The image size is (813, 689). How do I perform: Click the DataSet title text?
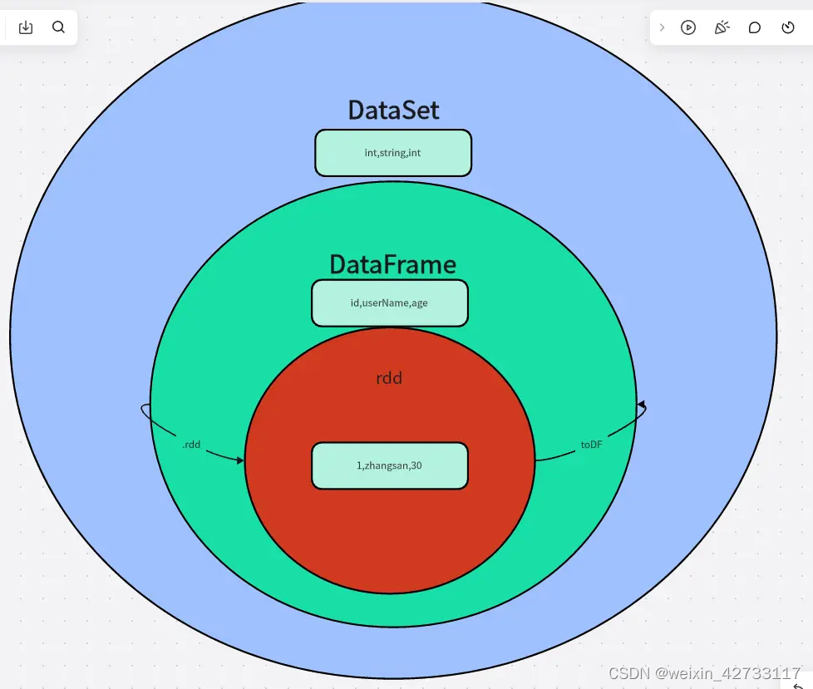[393, 110]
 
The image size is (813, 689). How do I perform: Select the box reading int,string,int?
[393, 153]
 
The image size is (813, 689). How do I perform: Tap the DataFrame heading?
[392, 264]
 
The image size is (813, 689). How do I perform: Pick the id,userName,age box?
[389, 303]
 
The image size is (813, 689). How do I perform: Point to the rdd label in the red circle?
[389, 378]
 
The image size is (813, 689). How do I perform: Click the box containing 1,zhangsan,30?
[389, 465]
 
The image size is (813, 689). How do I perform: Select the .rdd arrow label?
[191, 445]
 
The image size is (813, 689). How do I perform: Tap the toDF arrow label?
[591, 445]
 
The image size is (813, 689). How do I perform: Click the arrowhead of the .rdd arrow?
[241, 460]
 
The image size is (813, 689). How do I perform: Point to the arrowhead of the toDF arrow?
[641, 406]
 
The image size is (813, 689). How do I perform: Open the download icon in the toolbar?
[26, 27]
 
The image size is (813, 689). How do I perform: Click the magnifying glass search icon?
[58, 27]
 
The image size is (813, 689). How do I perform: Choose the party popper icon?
[722, 27]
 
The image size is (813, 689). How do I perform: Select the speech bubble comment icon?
[755, 27]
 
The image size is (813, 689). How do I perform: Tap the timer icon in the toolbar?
[788, 27]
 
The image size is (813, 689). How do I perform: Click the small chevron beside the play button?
[662, 27]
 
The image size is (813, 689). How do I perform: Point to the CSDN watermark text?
[703, 672]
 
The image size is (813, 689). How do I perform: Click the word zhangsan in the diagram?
[387, 465]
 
